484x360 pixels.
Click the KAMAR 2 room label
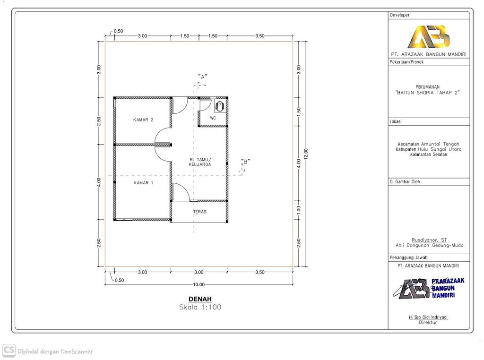tap(143, 120)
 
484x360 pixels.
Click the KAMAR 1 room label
tap(143, 183)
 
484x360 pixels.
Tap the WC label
tap(213, 118)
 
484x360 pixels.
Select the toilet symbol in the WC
tap(219, 106)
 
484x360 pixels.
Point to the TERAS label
tap(199, 212)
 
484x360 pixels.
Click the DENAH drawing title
tap(200, 299)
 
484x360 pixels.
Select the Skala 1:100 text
tap(200, 307)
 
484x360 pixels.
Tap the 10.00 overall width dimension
tap(199, 284)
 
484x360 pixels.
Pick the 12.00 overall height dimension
tap(306, 154)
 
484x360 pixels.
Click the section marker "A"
tap(203, 77)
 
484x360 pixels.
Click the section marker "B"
tap(245, 162)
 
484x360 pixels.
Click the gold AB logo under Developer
tap(428, 36)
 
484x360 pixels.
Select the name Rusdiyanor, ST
tap(429, 240)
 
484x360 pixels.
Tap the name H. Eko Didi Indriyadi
tap(428, 317)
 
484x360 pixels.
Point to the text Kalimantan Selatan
tap(429, 154)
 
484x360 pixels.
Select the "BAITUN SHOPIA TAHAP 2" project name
tap(428, 93)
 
